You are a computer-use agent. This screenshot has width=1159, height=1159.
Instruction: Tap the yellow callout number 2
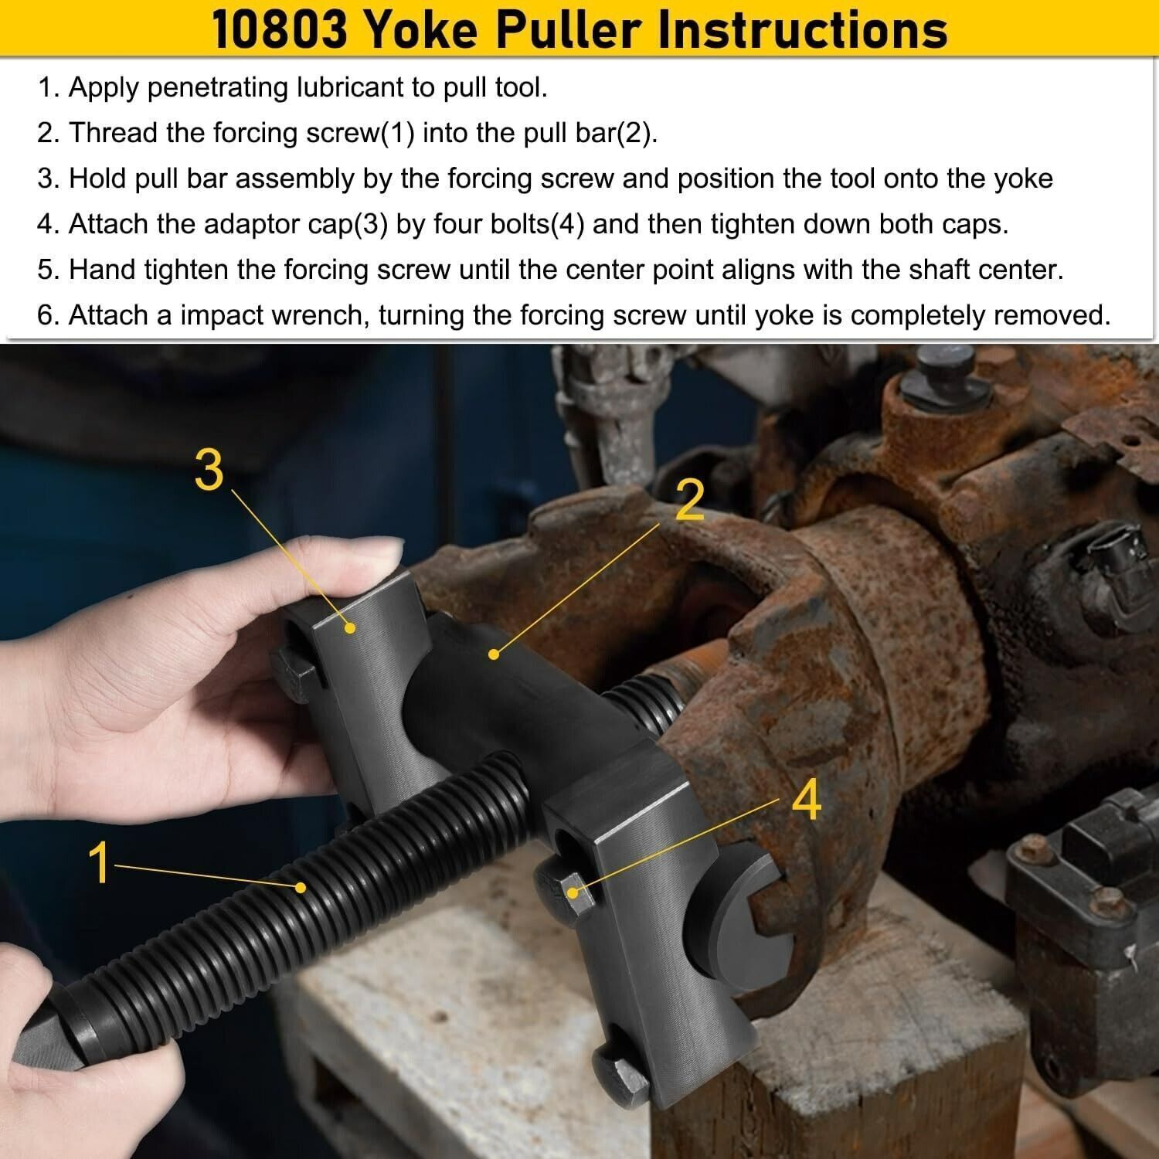coord(690,500)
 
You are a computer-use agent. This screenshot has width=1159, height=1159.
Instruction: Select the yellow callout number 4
coord(806,801)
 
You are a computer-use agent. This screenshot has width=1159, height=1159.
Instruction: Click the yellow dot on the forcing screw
coord(301,888)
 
